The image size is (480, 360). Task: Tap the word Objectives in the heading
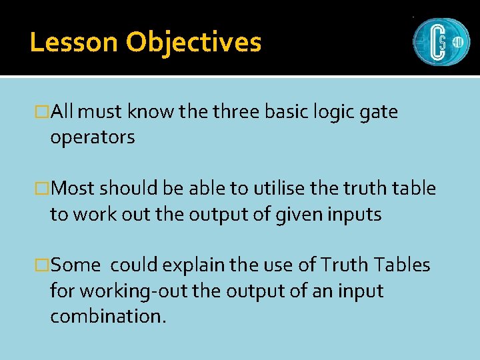193,42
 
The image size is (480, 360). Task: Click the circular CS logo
441,41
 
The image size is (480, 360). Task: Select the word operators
93,138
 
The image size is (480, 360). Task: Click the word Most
74,189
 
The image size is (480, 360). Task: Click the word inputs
352,215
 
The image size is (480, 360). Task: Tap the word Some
75,265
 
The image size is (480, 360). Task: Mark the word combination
107,316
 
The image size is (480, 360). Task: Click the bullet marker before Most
45,189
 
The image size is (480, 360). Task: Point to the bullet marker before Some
45,265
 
